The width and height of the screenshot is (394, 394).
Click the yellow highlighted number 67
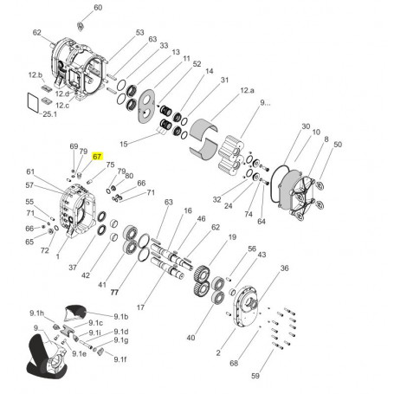point(98,156)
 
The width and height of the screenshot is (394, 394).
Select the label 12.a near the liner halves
point(247,90)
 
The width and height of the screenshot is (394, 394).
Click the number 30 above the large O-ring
point(305,127)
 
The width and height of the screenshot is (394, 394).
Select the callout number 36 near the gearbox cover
point(283,269)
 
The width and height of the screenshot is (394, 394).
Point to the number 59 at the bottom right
point(255,376)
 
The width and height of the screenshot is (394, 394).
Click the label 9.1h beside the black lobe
point(36,312)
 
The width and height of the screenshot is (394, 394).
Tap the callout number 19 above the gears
point(231,237)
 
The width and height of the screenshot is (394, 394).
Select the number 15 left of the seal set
point(124,143)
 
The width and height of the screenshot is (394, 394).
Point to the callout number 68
point(234,364)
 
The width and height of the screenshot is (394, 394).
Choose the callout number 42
point(85,275)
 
